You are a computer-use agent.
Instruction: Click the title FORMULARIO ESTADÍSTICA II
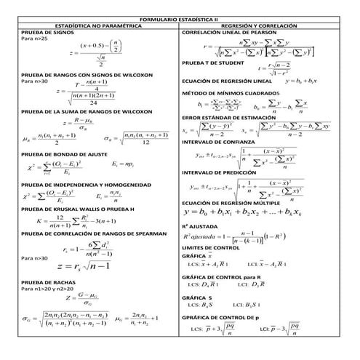coord(180,16)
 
